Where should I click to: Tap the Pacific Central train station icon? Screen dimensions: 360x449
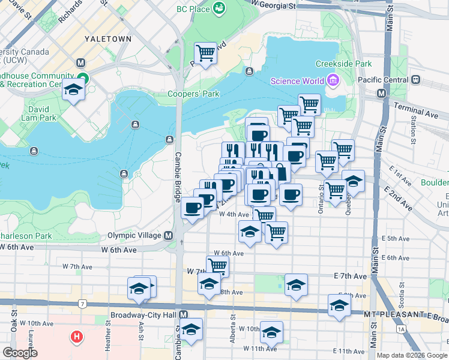(x=415, y=79)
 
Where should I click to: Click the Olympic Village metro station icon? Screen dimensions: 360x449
(x=169, y=235)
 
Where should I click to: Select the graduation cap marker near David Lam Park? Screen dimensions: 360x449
(x=74, y=90)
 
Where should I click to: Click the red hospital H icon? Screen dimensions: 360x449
(x=77, y=337)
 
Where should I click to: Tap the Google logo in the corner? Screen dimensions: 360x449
(x=20, y=353)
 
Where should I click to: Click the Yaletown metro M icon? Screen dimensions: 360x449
(x=81, y=63)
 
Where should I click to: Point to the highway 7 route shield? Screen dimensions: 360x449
(x=81, y=304)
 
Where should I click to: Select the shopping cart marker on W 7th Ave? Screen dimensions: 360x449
(x=217, y=265)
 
